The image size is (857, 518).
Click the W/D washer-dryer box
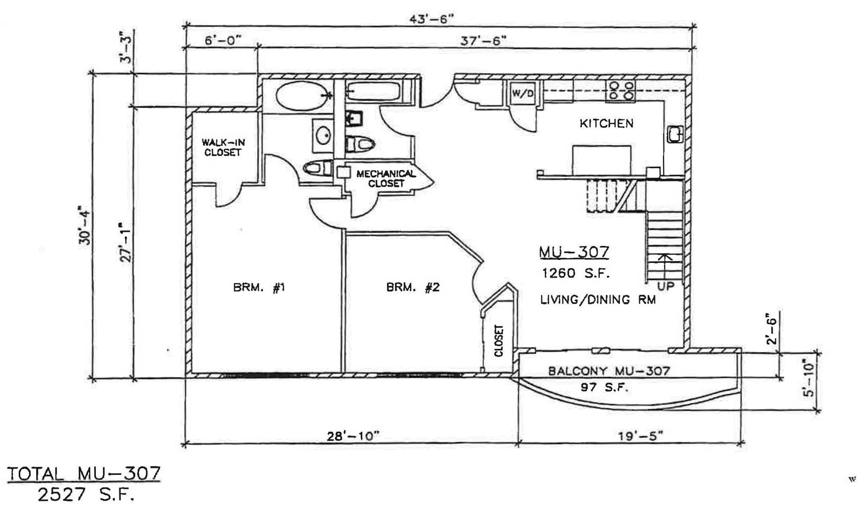pyautogui.click(x=522, y=93)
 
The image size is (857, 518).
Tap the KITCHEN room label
pyautogui.click(x=606, y=123)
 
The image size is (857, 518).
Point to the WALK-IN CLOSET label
pyautogui.click(x=223, y=147)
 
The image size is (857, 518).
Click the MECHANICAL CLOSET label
pyautogui.click(x=386, y=179)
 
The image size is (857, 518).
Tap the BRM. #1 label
pyautogui.click(x=259, y=287)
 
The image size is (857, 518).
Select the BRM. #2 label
pyautogui.click(x=413, y=287)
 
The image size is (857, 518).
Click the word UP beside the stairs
pyautogui.click(x=666, y=286)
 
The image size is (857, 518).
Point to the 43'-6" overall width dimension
pyautogui.click(x=431, y=19)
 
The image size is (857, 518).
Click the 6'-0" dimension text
pyautogui.click(x=223, y=41)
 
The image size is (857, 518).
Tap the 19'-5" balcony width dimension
pyautogui.click(x=641, y=436)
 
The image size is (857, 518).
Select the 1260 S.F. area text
pyautogui.click(x=575, y=273)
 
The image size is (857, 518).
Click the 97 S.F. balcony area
pyautogui.click(x=604, y=387)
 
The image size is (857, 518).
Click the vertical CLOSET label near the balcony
pyautogui.click(x=499, y=341)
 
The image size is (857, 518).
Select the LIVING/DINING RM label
pyautogui.click(x=598, y=300)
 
